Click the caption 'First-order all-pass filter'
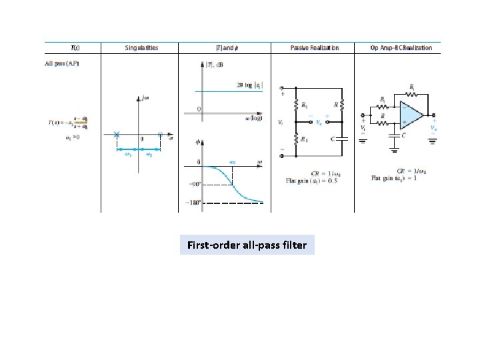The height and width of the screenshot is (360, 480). (x=247, y=245)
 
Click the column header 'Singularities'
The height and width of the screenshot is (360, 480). (x=141, y=48)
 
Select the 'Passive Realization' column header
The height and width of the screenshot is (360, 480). (x=315, y=48)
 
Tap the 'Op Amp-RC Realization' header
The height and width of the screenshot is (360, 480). (x=401, y=48)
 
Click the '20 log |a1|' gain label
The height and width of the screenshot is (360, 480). (x=250, y=85)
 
